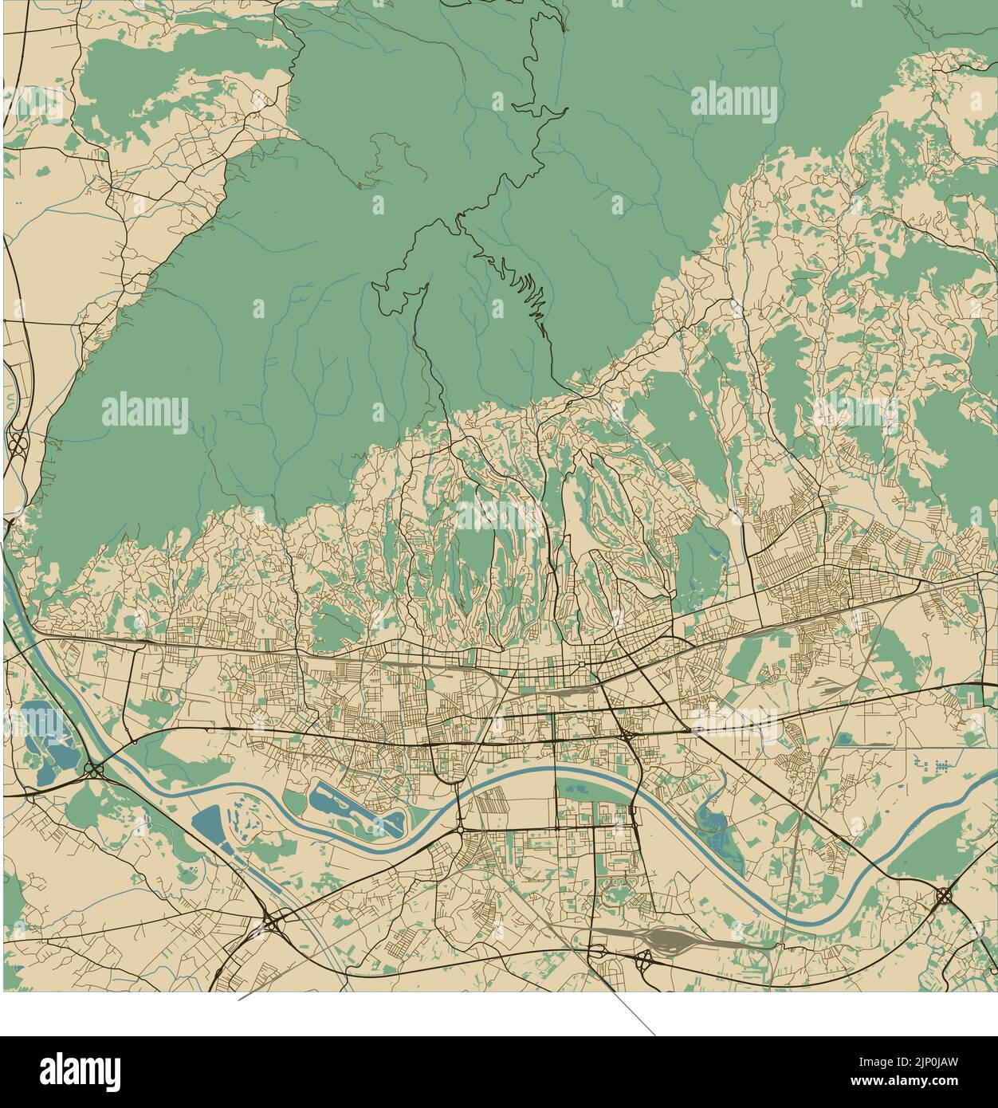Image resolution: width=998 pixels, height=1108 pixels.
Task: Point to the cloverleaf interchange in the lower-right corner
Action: pos(944,895)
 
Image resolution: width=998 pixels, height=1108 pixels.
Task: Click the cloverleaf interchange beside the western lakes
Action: pos(94,769)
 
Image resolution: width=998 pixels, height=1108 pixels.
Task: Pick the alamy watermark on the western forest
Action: pos(145,413)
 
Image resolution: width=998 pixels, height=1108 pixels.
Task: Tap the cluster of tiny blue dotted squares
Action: pos(933,765)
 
